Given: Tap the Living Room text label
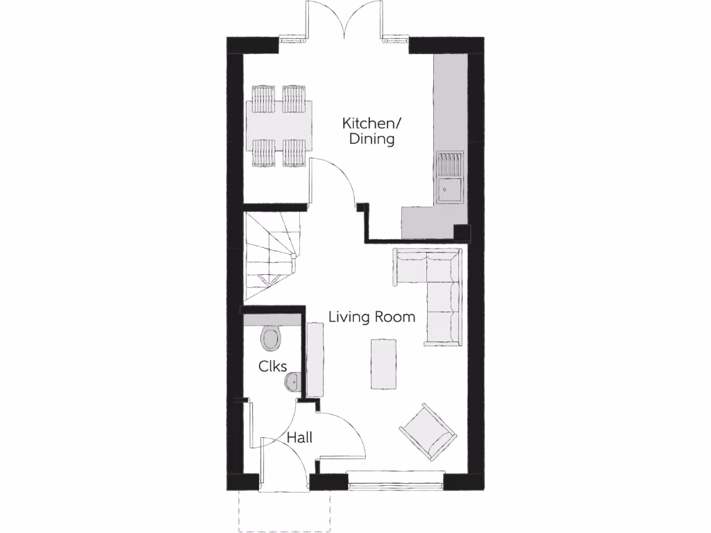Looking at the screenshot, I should tap(371, 317).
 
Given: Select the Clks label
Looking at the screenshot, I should tap(273, 366).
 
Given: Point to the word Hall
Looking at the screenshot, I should tap(300, 438).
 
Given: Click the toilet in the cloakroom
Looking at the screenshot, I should tap(271, 339).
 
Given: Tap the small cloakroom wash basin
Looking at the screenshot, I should tap(293, 381).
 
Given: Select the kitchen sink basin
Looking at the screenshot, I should tap(449, 189).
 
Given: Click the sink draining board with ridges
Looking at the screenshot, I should tap(449, 164).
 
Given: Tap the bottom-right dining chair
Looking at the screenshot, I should tap(294, 153).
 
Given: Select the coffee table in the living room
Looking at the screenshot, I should tap(384, 364).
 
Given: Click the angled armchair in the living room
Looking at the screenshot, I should tap(429, 432).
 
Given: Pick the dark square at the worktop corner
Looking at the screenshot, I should tap(460, 232).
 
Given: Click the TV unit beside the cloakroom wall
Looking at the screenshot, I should tap(315, 361).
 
